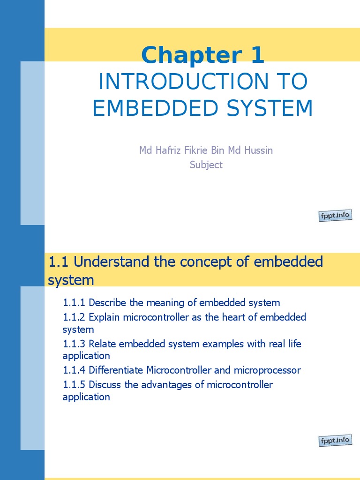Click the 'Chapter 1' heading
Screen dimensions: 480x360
pos(202,55)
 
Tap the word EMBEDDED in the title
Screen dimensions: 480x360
pos(150,108)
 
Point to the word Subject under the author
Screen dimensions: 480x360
pos(206,165)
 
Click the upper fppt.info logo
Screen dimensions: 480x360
pos(335,216)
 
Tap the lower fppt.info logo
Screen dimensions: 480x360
pos(335,441)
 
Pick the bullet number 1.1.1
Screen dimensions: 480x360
pos(74,303)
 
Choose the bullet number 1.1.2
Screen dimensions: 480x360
pos(74,317)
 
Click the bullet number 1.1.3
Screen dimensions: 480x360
pos(74,344)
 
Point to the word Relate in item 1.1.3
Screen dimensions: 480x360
pos(102,344)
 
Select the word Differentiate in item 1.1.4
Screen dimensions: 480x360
pos(116,370)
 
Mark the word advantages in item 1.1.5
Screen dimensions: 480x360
pos(181,385)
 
